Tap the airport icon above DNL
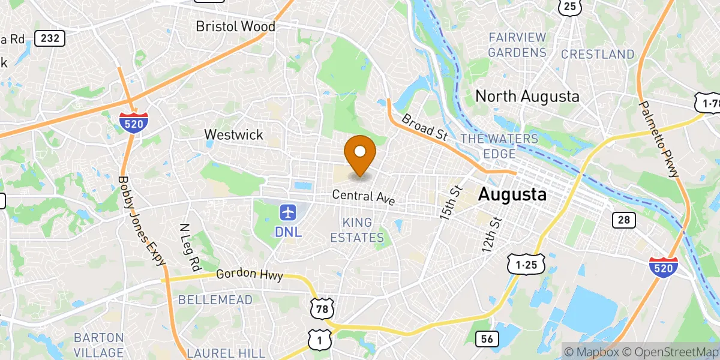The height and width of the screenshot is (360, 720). [288, 212]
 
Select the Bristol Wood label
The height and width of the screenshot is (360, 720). [236, 26]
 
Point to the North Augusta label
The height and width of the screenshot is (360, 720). [527, 96]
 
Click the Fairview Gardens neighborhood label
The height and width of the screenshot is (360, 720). [517, 45]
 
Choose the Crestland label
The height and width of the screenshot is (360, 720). [597, 54]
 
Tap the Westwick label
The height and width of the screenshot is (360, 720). [233, 134]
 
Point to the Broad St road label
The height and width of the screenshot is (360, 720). [425, 127]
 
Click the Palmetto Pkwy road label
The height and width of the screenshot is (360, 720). [658, 139]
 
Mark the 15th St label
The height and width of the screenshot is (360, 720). [452, 202]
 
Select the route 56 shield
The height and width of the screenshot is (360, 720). [486, 339]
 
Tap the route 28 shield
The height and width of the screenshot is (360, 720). [624, 220]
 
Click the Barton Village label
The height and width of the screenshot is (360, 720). [98, 345]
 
